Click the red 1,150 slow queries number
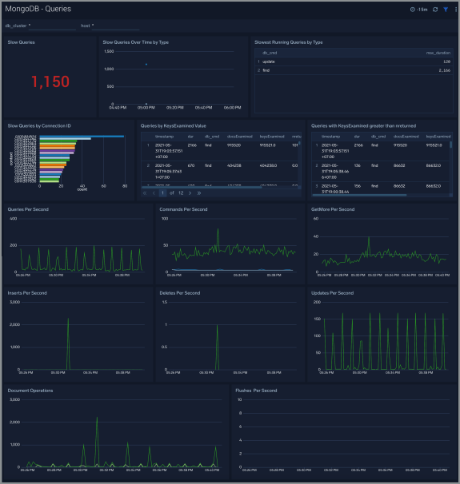[50, 81]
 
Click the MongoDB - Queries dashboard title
[38, 9]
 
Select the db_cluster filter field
[40, 26]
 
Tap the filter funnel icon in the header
[446, 9]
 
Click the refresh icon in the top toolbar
[435, 9]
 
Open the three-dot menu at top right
[454, 9]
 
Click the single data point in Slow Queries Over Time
[146, 64]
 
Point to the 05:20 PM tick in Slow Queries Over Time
[174, 106]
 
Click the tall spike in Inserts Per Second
[67, 320]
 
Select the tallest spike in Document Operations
[97, 418]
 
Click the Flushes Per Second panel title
[256, 391]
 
